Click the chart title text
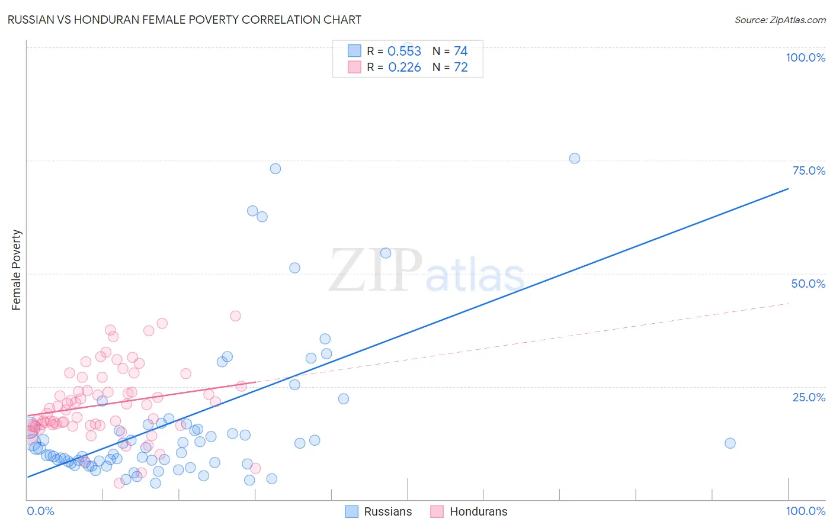pyautogui.click(x=184, y=20)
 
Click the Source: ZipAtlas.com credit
pyautogui.click(x=780, y=20)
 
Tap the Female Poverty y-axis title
pyautogui.click(x=16, y=270)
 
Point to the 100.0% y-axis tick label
pyautogui.click(x=805, y=57)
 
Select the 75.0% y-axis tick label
pyautogui.click(x=809, y=170)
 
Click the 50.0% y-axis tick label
pyautogui.click(x=808, y=284)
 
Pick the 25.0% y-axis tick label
pyautogui.click(x=809, y=397)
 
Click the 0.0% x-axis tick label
pyautogui.click(x=40, y=511)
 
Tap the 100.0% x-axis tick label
pyautogui.click(x=805, y=511)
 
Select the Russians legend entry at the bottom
pyautogui.click(x=379, y=511)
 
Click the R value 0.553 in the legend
pyautogui.click(x=404, y=51)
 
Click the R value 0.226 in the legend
pyautogui.click(x=404, y=67)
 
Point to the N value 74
pyautogui.click(x=460, y=51)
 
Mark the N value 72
pyautogui.click(x=460, y=67)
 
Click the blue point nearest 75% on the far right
pyautogui.click(x=574, y=158)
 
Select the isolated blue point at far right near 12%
pyautogui.click(x=730, y=443)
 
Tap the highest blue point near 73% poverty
pyautogui.click(x=275, y=169)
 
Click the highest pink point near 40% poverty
pyautogui.click(x=235, y=316)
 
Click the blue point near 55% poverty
pyautogui.click(x=386, y=253)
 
